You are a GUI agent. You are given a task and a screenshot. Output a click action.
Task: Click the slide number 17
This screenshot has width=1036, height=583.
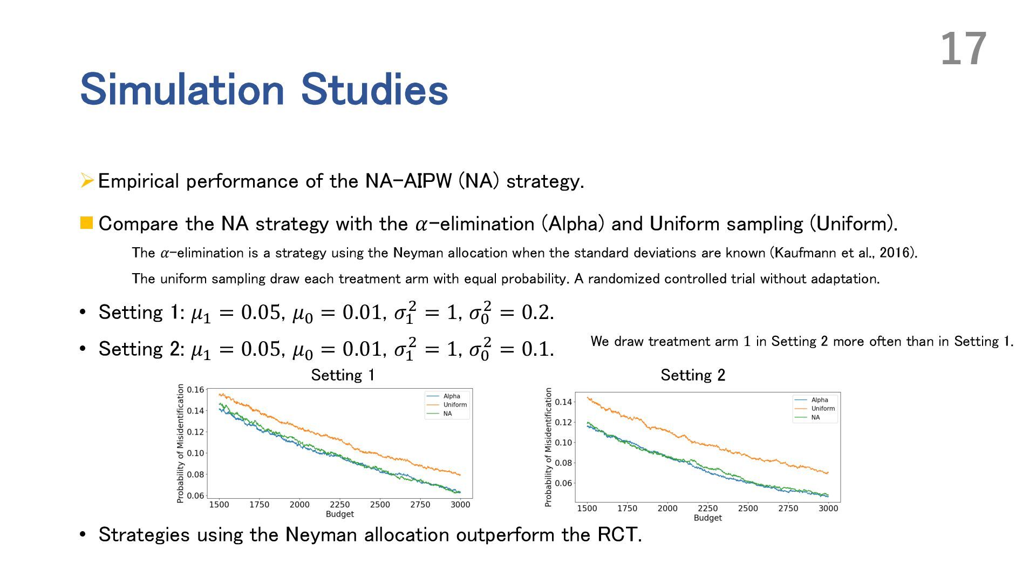click(964, 49)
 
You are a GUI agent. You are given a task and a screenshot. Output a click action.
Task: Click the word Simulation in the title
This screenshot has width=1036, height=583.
click(182, 90)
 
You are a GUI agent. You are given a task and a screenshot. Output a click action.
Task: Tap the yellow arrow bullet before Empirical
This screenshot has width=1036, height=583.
click(87, 180)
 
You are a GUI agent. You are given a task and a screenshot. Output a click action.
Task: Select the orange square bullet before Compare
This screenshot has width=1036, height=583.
click(86, 223)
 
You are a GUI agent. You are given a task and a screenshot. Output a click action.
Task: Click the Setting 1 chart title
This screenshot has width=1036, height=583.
click(343, 375)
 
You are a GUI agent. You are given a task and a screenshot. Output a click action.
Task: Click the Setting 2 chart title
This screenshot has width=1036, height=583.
click(693, 375)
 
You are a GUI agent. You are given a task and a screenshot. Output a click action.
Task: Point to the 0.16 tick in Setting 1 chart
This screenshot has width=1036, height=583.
click(195, 390)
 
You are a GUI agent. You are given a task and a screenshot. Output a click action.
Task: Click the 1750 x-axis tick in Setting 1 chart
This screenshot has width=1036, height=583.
click(259, 505)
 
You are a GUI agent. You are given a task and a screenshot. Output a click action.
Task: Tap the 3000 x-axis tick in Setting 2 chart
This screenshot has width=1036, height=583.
click(828, 509)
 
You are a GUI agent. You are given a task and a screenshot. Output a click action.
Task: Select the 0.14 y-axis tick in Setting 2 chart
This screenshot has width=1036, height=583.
click(563, 402)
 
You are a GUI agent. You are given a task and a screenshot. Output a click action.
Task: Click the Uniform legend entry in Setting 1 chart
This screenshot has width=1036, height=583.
click(455, 405)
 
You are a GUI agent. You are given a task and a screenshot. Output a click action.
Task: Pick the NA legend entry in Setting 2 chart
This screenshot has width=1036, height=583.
click(815, 417)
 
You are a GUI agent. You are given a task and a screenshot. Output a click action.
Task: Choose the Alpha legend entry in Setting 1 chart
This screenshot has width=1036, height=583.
click(452, 396)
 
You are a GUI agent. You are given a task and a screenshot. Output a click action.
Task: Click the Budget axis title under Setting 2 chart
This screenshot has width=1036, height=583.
click(707, 518)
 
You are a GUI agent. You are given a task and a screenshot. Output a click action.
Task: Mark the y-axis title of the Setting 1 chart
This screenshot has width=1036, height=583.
click(181, 444)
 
